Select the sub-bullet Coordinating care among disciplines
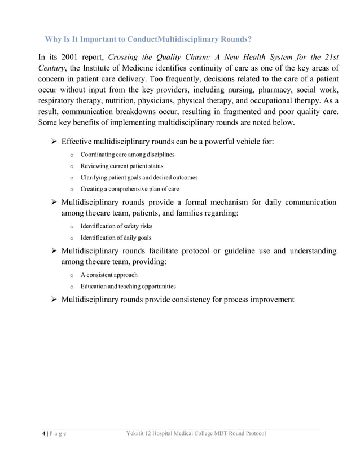tap(127, 155)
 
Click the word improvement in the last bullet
tap(269, 299)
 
